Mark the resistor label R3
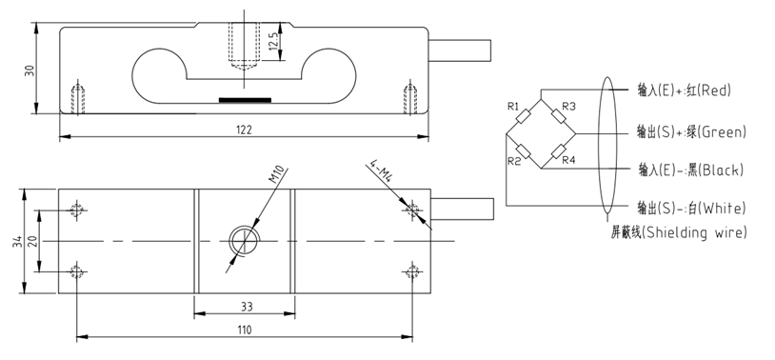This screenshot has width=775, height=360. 569,106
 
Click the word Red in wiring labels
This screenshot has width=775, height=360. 714,91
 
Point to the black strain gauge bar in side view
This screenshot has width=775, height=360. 245,98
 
